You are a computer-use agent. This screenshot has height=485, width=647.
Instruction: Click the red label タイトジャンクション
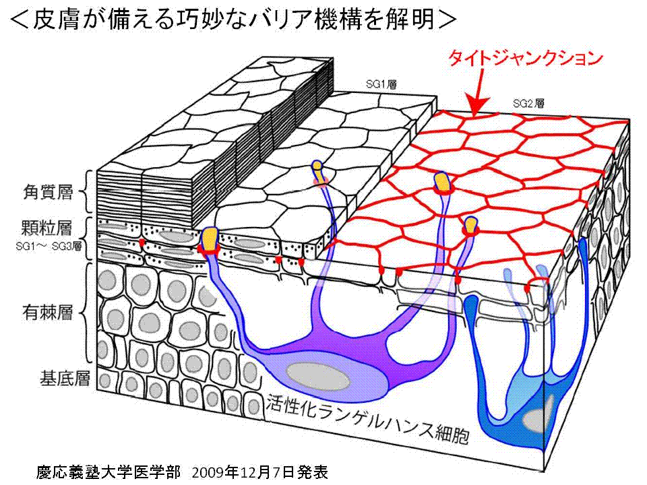pos(525,58)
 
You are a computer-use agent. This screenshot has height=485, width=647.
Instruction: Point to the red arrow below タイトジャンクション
pos(479,94)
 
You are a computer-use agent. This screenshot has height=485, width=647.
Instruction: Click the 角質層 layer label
pos(47,193)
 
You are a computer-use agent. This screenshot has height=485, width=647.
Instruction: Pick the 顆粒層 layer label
pos(47,227)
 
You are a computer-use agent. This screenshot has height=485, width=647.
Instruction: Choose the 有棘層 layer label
pos(47,314)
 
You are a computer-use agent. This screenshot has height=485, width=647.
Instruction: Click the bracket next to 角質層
pos(88,193)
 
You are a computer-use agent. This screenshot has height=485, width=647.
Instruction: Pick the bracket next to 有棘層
pos(88,314)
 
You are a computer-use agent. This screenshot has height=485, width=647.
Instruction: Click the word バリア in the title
pos(290,20)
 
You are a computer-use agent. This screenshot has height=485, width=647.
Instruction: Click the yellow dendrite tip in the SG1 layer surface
pos(317,165)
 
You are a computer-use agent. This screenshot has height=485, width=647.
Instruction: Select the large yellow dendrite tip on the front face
pos(210,237)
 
